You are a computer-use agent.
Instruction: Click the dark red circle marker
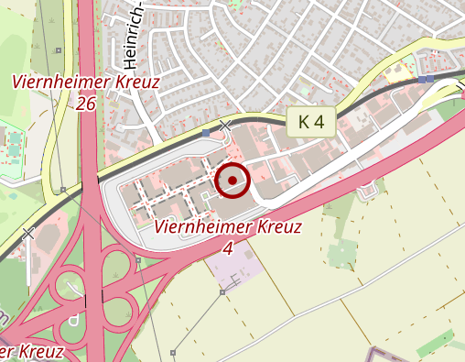click(x=232, y=181)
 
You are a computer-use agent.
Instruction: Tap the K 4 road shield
click(x=311, y=121)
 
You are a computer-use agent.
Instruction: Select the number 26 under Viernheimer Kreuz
click(x=86, y=104)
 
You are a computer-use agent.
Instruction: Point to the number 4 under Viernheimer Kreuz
click(x=227, y=247)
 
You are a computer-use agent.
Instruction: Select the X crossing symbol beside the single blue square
click(x=225, y=126)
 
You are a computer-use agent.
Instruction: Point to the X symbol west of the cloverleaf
click(x=28, y=234)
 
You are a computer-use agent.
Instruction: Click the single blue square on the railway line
click(x=206, y=134)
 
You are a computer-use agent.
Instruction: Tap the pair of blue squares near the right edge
click(x=426, y=80)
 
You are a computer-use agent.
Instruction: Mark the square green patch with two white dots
click(x=341, y=252)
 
